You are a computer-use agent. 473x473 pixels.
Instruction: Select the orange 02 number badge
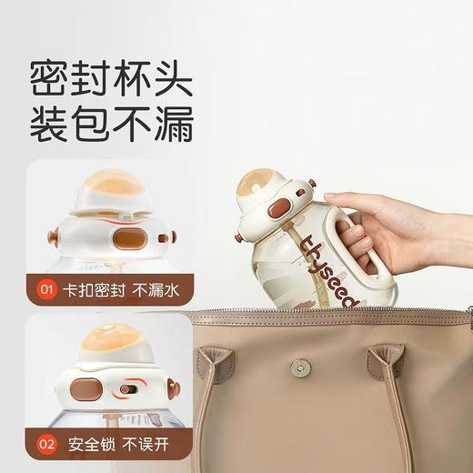tap(45, 446)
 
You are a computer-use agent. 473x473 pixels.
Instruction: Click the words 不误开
tap(133, 446)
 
